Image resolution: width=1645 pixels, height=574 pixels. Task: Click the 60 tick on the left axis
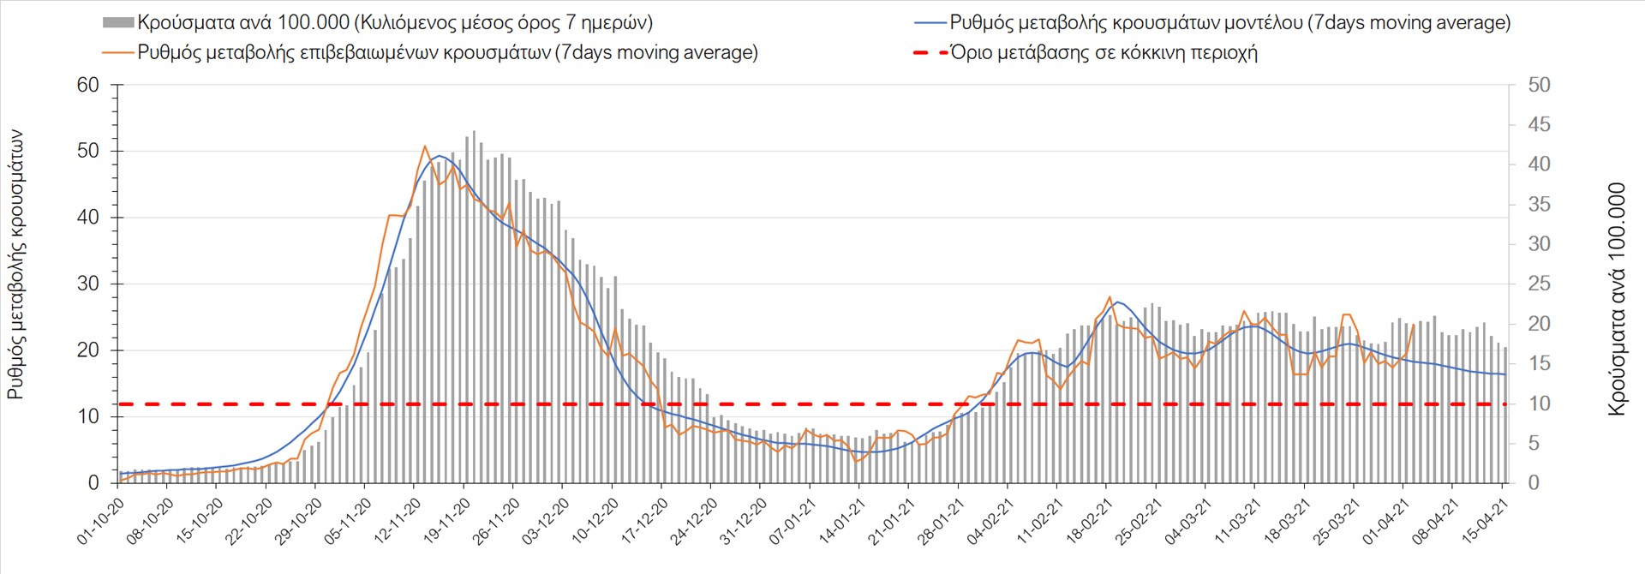88,85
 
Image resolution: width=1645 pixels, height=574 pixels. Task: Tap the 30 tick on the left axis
88,284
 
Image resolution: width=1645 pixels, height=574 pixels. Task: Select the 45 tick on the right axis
1539,125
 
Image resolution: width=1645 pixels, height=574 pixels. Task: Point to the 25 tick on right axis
1539,284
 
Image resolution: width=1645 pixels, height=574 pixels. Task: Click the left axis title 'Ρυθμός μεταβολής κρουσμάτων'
16,265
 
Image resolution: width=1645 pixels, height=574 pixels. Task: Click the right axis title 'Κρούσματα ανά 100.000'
1616,299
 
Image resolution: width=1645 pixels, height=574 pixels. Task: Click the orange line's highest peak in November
425,146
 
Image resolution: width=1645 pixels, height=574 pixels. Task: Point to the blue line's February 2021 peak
1116,302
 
